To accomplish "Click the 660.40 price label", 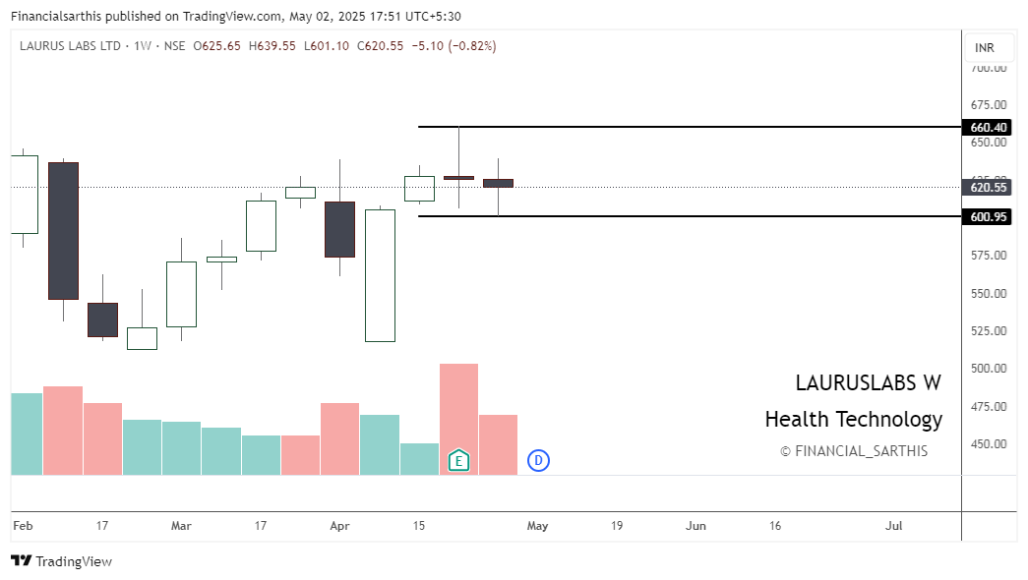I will tap(989, 127).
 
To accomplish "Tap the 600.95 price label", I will tap(989, 216).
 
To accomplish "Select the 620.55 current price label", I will tap(989, 187).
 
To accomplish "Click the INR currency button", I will tap(984, 47).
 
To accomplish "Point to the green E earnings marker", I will tap(458, 460).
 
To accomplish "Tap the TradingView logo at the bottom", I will tap(61, 561).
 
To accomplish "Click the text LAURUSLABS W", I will tap(868, 383).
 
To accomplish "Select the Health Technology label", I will tap(853, 420).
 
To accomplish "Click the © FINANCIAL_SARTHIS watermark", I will tap(853, 451).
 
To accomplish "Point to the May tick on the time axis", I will tap(537, 526).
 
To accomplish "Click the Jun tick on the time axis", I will tap(695, 526).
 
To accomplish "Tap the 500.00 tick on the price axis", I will tap(989, 369).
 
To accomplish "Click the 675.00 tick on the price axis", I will tap(989, 105).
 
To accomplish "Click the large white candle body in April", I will tap(380, 275).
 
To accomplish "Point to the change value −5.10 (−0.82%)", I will tap(455, 46).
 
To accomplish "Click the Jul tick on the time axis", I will tap(894, 526).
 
